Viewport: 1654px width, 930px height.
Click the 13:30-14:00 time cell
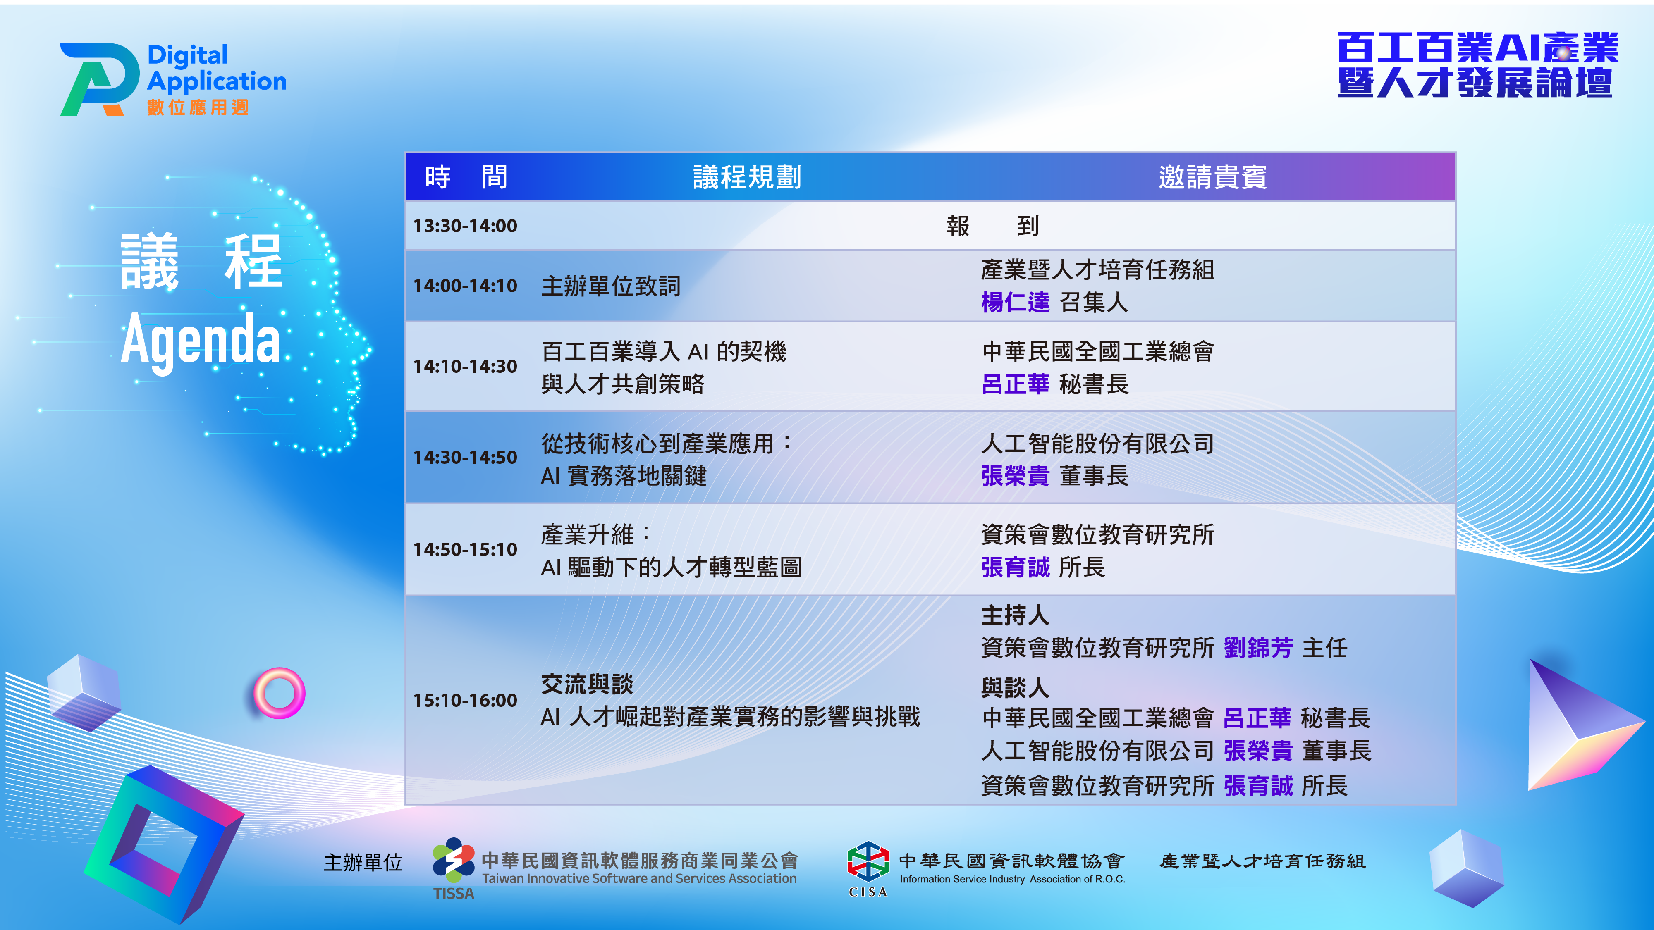tap(465, 226)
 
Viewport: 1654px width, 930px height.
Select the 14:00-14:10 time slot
tap(465, 286)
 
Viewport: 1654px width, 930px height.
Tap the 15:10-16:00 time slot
tap(465, 700)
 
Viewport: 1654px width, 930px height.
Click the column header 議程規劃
tap(747, 177)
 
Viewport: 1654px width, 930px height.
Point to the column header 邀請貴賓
tap(1212, 177)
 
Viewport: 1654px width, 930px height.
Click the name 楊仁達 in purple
tap(1015, 302)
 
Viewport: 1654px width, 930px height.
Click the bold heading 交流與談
tap(587, 684)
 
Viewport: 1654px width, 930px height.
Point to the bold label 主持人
tap(1015, 615)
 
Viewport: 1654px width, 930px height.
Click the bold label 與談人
tap(1015, 687)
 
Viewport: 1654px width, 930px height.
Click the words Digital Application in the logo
tap(216, 69)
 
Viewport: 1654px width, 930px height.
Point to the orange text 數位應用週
tap(198, 107)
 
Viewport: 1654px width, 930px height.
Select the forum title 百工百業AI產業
tap(1478, 48)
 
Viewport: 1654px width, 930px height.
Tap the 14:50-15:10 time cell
tap(465, 549)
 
